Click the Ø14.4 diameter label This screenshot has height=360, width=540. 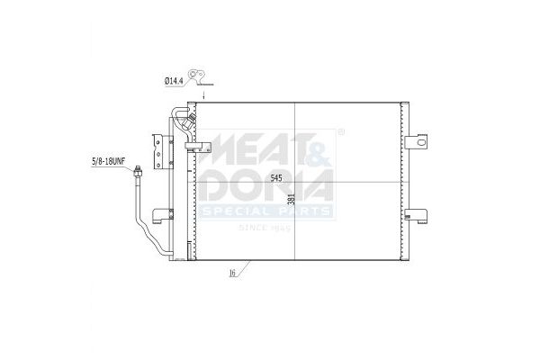point(173,82)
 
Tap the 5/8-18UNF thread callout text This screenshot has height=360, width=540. point(108,161)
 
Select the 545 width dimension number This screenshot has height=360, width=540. point(276,178)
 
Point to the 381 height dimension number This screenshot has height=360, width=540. point(292,199)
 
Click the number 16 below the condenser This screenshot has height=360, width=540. point(232,274)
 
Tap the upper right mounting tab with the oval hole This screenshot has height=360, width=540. point(416,141)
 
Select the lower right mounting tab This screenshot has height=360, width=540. point(416,216)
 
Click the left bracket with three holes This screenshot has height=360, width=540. point(157,151)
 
